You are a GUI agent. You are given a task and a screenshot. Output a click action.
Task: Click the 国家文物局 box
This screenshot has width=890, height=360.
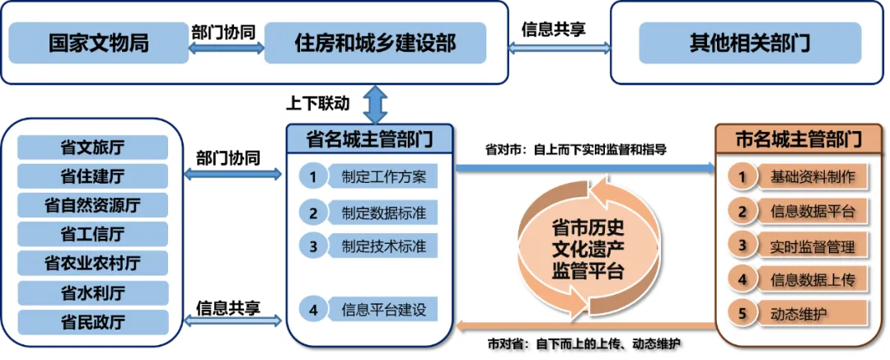point(99,43)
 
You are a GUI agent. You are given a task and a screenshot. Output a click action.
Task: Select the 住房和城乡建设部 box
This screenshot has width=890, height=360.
point(375,43)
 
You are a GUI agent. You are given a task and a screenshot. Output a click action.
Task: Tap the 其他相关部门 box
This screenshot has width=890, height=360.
point(750,43)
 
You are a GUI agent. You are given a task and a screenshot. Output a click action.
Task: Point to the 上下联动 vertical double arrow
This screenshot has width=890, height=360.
point(375,104)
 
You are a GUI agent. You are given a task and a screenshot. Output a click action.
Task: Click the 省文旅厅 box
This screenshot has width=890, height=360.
point(93,147)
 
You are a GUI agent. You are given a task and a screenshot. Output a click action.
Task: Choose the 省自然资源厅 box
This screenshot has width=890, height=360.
point(93,205)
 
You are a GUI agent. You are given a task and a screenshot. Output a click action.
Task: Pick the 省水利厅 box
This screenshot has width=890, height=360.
point(93,292)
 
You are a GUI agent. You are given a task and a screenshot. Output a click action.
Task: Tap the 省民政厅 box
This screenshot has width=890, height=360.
point(93,322)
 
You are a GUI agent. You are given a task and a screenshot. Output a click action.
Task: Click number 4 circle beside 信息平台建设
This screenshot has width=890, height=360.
point(313,310)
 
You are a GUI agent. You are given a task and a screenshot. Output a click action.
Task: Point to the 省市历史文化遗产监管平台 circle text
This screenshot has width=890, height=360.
point(588,250)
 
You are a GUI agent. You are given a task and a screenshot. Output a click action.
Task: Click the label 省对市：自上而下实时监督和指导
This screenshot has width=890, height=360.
point(575,151)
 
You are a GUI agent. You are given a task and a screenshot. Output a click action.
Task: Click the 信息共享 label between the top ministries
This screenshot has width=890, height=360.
point(554,29)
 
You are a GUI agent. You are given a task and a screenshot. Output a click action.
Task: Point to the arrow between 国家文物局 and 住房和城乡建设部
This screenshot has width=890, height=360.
point(227,49)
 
